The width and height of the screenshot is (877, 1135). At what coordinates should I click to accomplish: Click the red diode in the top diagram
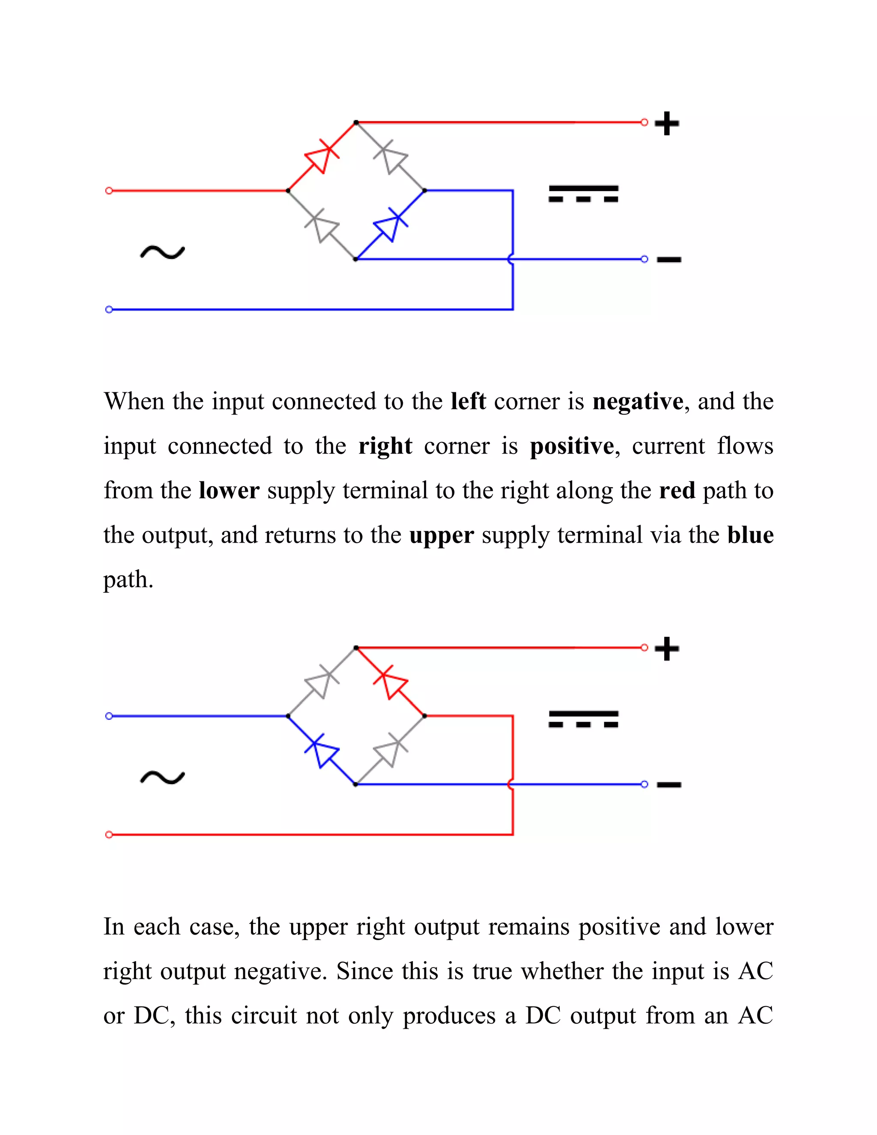point(322,156)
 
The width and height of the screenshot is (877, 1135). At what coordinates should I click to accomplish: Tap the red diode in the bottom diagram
point(390,682)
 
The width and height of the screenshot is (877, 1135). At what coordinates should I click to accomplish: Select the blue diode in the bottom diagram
point(322,750)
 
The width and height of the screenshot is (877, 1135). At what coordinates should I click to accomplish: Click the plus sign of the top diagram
point(667,124)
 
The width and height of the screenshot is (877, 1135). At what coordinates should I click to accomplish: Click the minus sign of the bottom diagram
point(668,784)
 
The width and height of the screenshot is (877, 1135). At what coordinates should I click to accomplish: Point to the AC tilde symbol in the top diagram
point(162,253)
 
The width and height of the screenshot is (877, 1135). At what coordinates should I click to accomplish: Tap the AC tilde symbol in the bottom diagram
point(162,777)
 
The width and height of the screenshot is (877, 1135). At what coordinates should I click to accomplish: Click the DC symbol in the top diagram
point(584,193)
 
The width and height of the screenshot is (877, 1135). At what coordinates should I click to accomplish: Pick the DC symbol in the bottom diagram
point(584,719)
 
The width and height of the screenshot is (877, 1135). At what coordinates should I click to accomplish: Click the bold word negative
point(638,402)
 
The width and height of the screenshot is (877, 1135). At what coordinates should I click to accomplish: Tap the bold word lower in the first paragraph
point(229,490)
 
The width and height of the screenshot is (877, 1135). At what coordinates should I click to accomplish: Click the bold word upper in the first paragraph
point(441,535)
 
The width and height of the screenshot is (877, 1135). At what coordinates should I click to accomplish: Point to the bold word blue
point(750,535)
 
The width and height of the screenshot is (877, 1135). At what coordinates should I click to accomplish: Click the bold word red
point(677,490)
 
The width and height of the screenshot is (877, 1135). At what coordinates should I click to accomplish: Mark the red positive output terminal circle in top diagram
point(644,122)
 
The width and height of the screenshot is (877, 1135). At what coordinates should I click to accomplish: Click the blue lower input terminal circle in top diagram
point(109,309)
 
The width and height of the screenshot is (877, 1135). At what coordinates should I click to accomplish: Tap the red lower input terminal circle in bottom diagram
point(109,835)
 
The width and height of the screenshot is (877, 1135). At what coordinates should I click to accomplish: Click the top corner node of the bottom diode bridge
point(356,648)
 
